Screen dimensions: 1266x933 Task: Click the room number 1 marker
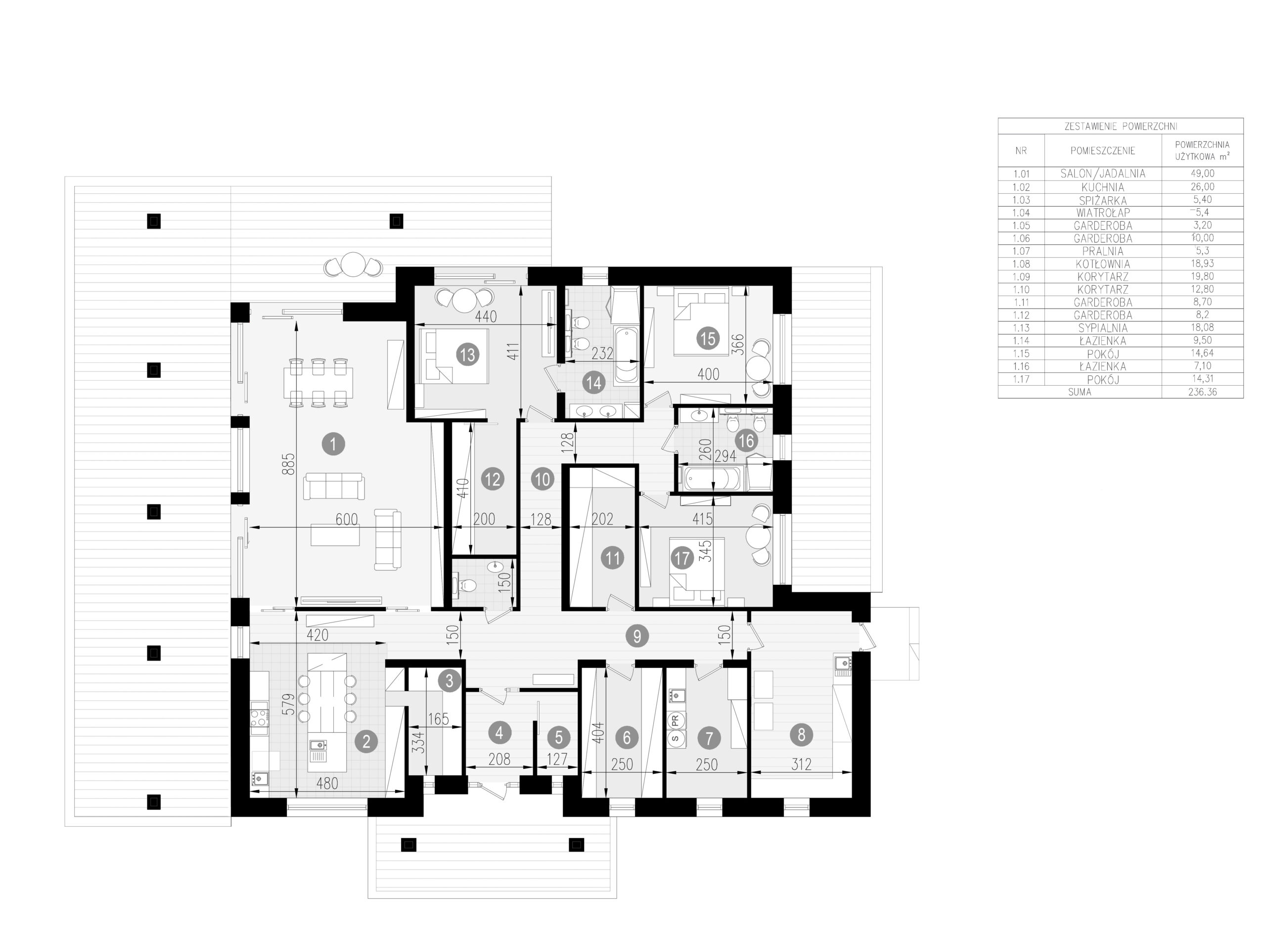point(333,444)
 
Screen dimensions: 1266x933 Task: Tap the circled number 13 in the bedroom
point(467,355)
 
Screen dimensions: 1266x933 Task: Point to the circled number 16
point(746,441)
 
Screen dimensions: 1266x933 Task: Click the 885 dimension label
point(288,464)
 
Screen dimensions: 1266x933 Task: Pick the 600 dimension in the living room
point(346,519)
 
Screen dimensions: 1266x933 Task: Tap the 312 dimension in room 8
point(801,764)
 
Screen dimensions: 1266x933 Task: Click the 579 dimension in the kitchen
point(288,704)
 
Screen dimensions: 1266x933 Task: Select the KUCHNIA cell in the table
point(1102,187)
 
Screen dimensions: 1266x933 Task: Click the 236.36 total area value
point(1202,392)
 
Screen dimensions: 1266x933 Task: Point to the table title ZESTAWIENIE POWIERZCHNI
point(1121,127)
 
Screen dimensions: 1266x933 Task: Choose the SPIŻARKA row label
point(1102,200)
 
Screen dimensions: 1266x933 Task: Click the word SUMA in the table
point(1080,392)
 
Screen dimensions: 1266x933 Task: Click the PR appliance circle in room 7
point(675,720)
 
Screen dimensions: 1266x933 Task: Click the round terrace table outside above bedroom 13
point(354,265)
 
